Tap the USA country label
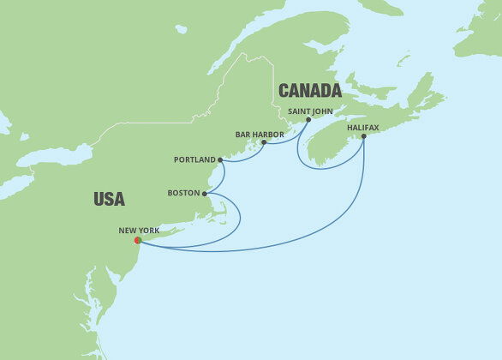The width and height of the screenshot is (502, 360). coord(109,199)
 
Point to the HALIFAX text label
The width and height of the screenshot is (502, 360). coord(362,127)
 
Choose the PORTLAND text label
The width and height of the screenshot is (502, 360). coord(194,159)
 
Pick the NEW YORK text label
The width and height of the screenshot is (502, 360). coord(140,230)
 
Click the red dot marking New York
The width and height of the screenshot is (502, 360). coord(138,241)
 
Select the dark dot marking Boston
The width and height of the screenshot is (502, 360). coord(206,194)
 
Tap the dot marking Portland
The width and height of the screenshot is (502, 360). coord(220,159)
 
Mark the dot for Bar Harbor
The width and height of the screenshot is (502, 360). coord(264,142)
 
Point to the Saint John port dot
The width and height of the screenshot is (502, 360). coord(308,120)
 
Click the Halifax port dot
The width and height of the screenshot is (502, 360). coord(364,136)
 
